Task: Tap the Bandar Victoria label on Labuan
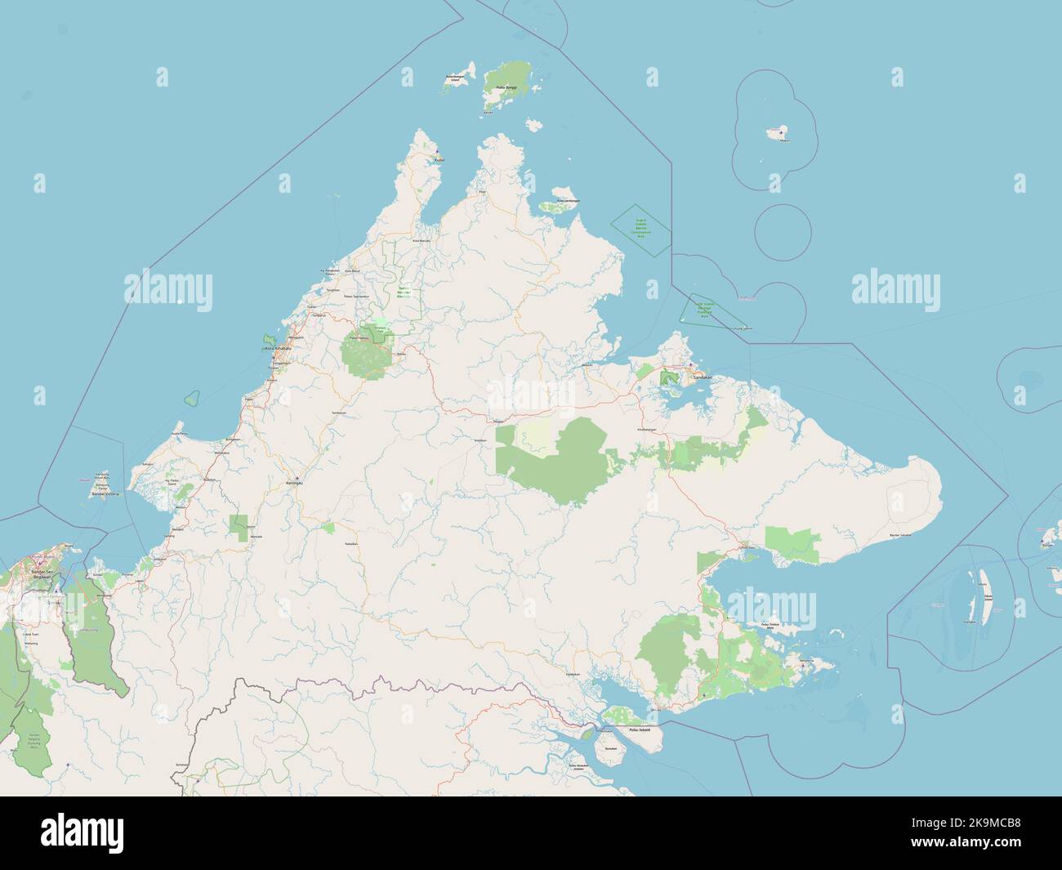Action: (105, 494)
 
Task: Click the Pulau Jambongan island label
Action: (568, 200)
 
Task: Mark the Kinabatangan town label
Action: (646, 429)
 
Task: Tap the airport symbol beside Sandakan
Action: (690, 364)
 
